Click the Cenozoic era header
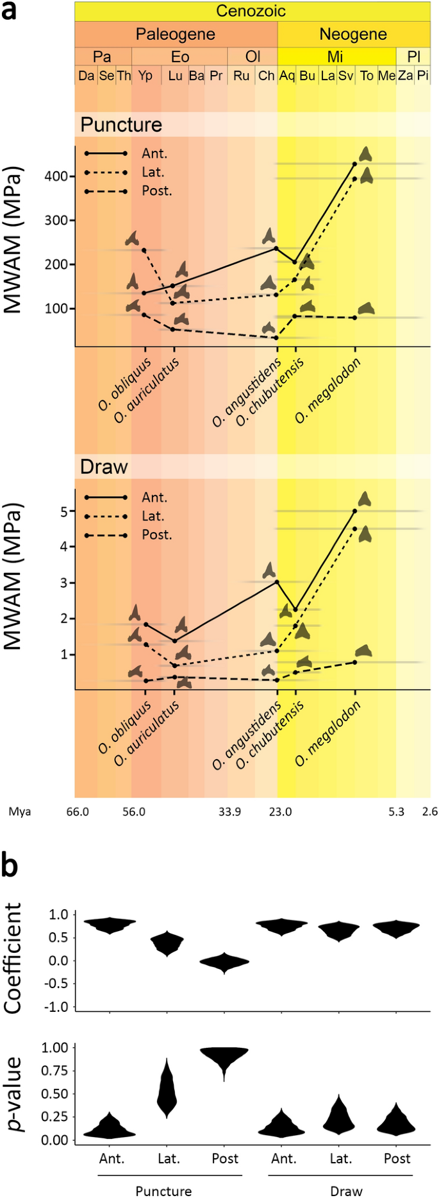(251, 11)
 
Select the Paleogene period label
(175, 34)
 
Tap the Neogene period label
(353, 34)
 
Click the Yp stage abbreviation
(145, 76)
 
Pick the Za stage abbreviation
(405, 76)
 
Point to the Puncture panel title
(121, 124)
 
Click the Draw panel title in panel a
(104, 466)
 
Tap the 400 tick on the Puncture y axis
(56, 176)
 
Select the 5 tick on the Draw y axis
(64, 511)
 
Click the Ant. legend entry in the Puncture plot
(154, 154)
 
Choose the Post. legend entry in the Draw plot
(156, 535)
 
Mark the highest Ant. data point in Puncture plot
(354, 164)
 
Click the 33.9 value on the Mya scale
(229, 812)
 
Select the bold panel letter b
(10, 866)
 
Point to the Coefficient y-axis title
(13, 958)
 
